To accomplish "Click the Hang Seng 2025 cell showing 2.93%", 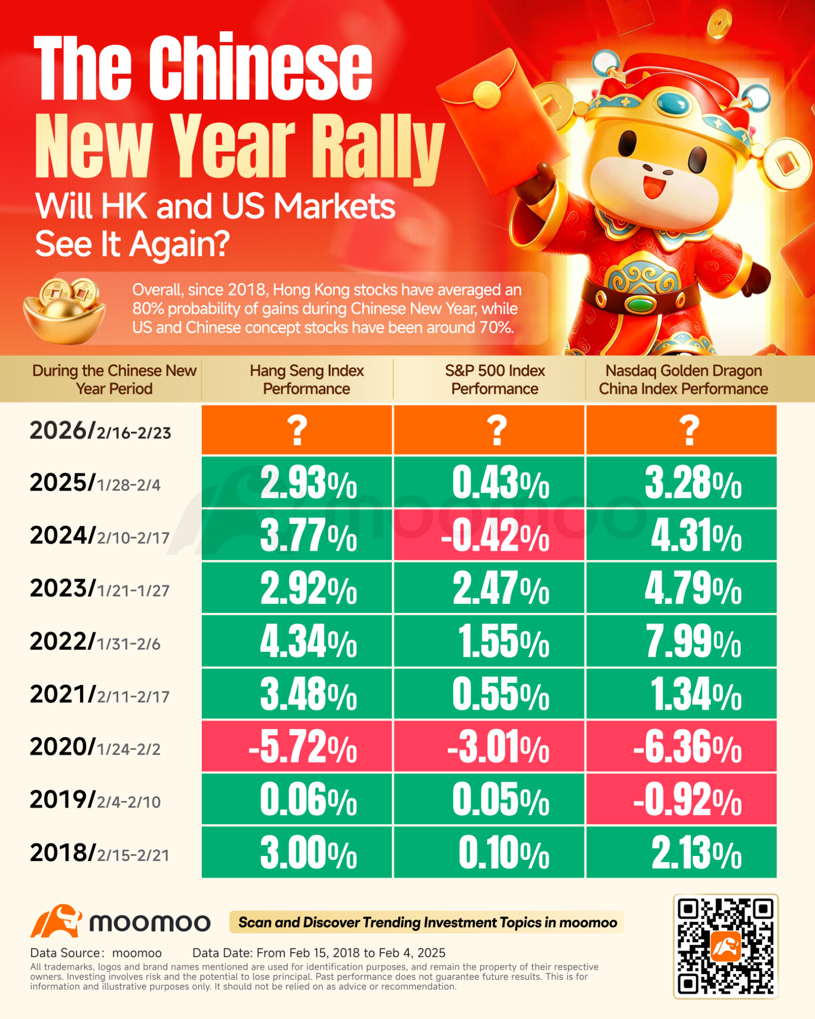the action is click(x=297, y=482).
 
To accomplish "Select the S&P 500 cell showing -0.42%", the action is click(x=489, y=535).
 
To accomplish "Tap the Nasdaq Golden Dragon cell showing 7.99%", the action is click(x=682, y=641).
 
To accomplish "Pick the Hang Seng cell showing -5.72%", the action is click(x=297, y=746).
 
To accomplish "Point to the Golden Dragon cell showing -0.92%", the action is click(x=682, y=799).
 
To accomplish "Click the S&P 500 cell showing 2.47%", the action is click(x=489, y=588).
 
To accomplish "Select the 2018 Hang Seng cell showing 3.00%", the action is click(x=297, y=852).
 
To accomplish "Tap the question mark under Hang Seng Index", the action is click(x=297, y=430).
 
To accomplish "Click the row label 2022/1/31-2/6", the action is click(x=95, y=642).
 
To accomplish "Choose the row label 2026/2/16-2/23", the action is click(x=100, y=431).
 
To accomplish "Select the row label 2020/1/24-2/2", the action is click(x=95, y=747).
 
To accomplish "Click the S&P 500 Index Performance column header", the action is click(x=495, y=380).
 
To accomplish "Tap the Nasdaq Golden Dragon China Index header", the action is click(x=684, y=380).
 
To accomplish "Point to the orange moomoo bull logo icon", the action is click(x=56, y=921).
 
